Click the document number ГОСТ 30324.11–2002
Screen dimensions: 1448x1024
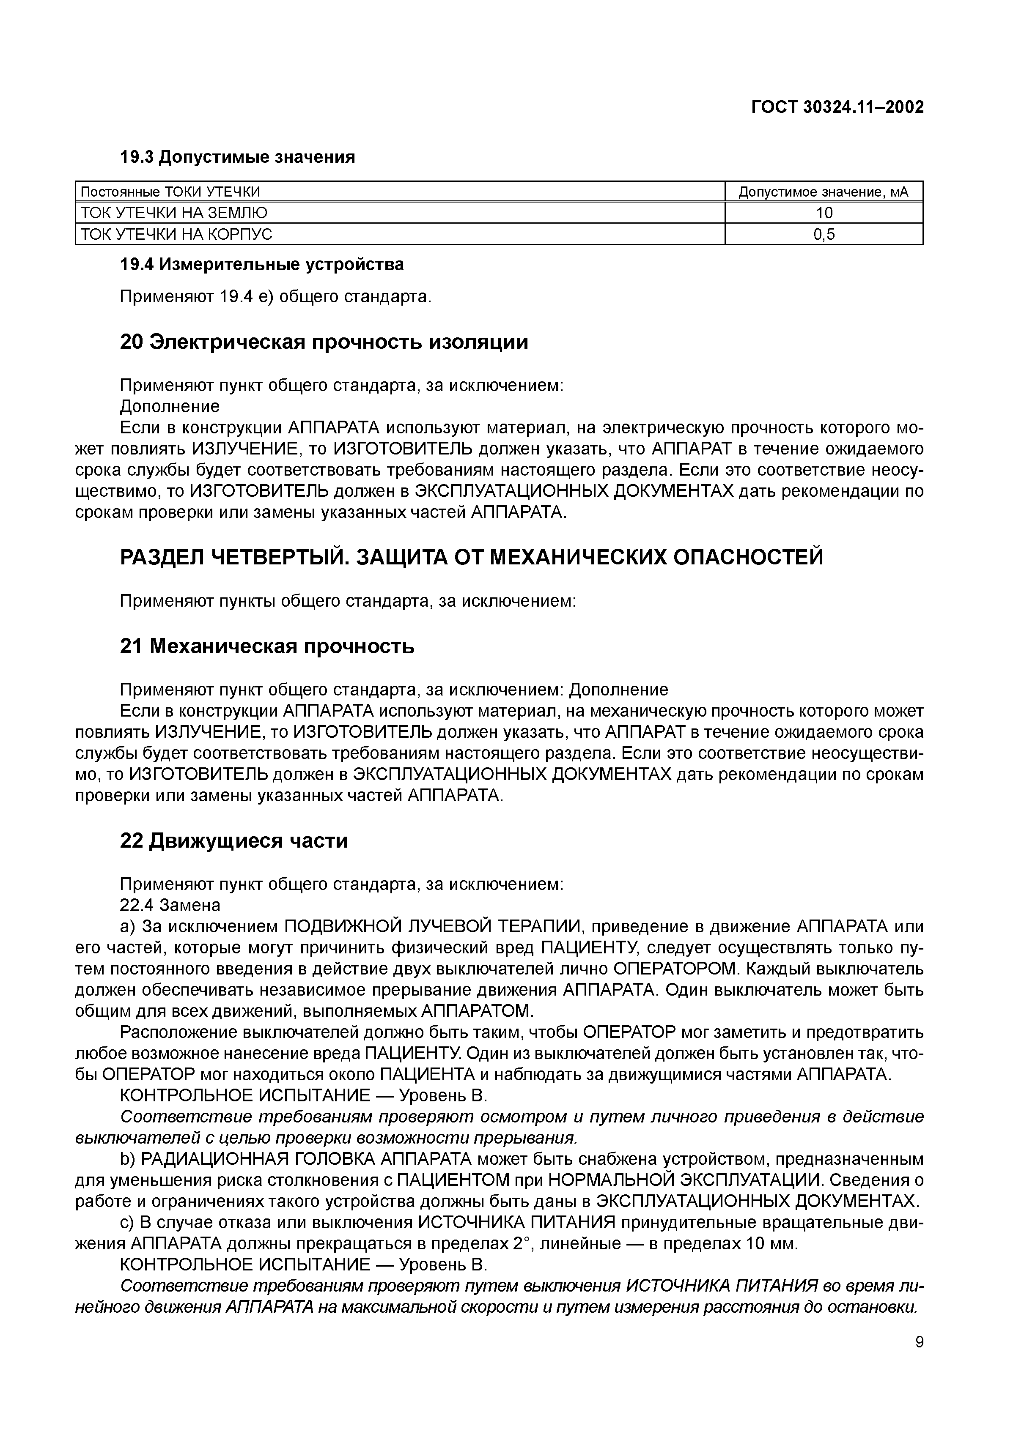(837, 108)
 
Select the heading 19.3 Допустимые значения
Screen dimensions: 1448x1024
(237, 157)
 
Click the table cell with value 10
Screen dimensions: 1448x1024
(824, 213)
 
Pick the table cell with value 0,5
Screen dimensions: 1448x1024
(824, 235)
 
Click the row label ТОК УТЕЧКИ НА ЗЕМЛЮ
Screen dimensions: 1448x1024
(174, 213)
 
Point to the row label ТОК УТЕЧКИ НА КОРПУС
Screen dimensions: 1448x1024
(177, 235)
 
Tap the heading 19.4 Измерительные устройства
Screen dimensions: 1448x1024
(261, 264)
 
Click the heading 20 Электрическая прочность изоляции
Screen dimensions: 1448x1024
(324, 342)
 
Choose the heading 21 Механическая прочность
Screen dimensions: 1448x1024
(267, 646)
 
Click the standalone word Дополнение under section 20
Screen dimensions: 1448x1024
(170, 406)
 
